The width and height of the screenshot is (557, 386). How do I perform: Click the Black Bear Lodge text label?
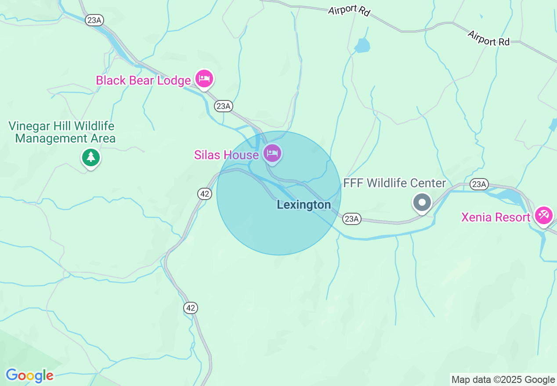143,80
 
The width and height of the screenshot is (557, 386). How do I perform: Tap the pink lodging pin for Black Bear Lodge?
204,79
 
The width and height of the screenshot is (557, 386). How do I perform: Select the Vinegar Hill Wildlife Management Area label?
62,132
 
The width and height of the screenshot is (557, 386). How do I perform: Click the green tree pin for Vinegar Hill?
91,157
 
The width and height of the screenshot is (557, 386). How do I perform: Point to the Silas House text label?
227,155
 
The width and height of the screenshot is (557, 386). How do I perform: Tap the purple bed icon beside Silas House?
272,154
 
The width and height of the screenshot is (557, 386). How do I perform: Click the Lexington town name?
304,205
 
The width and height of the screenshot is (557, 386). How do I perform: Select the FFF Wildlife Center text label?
394,183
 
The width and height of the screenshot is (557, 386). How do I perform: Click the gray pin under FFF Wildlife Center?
423,203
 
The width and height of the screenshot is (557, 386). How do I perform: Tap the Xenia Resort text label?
496,217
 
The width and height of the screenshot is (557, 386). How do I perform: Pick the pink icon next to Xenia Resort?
544,215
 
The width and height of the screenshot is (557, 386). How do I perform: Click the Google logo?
30,375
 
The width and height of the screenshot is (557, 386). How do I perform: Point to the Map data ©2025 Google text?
503,380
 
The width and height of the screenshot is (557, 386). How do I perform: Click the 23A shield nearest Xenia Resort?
478,184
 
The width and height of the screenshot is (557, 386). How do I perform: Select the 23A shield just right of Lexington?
352,218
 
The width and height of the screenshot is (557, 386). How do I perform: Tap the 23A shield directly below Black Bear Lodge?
223,106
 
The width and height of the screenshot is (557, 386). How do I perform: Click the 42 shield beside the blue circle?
204,194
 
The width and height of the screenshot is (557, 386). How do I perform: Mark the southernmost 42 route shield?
190,308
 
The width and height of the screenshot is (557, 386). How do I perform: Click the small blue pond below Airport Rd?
362,45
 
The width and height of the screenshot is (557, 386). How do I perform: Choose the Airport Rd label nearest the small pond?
349,10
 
